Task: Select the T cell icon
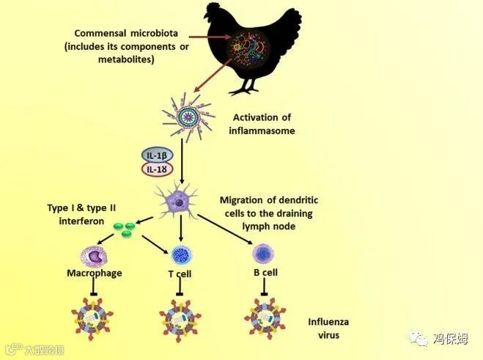click(x=180, y=256)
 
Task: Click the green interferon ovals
click(x=126, y=228)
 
